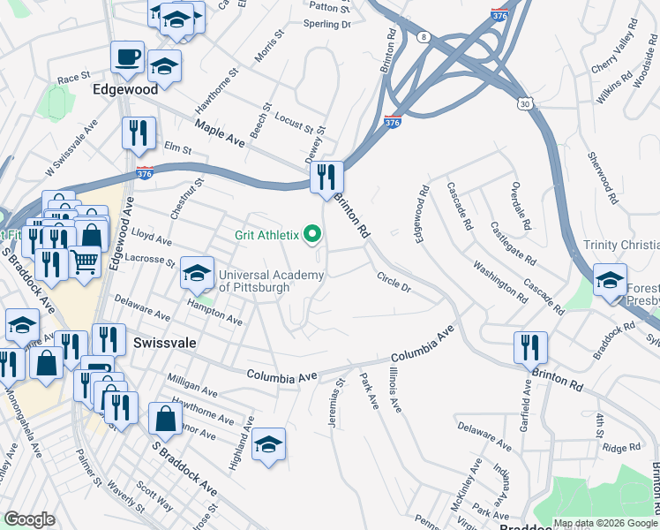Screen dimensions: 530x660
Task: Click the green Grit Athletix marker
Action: point(311,235)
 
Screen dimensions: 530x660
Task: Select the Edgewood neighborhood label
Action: point(125,89)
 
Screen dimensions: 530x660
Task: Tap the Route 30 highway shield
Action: point(527,103)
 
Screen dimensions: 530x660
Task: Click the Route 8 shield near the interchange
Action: point(424,36)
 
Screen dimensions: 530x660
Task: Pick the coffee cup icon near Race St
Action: point(127,57)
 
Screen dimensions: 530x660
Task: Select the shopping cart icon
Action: point(84,260)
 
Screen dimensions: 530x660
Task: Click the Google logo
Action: point(29,520)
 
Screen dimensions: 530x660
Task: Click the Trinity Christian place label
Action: point(621,245)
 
